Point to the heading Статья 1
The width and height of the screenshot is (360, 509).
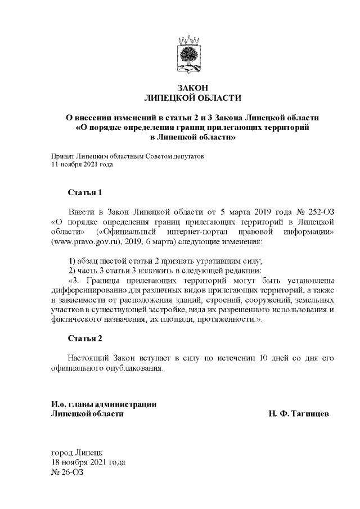tap(85, 193)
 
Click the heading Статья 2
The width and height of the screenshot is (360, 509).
tap(85, 338)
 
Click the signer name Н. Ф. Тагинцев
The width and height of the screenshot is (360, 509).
tap(299, 414)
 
